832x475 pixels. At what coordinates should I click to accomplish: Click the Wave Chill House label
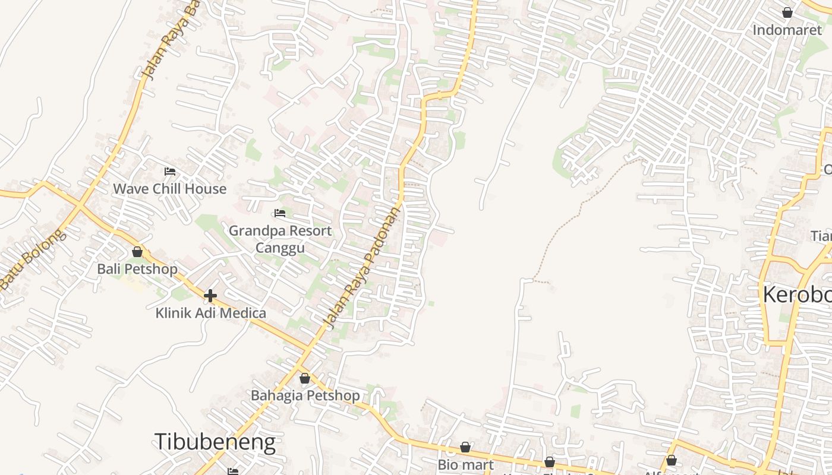pos(170,189)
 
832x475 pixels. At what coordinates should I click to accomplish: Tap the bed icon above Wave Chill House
pos(170,172)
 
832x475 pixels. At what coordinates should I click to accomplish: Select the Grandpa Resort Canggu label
pos(280,239)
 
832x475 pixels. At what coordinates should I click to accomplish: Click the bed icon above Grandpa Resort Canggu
pos(280,213)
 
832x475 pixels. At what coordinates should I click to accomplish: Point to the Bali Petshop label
pos(137,269)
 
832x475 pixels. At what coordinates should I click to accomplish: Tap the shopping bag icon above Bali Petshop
pos(137,252)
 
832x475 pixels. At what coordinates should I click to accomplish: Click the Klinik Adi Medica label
pos(210,313)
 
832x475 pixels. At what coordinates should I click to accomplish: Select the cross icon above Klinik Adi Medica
pos(210,295)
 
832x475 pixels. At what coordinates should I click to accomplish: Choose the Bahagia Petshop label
pos(305,395)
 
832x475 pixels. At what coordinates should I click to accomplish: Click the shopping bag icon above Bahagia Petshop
pos(305,378)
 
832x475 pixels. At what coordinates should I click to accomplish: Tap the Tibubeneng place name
pos(215,442)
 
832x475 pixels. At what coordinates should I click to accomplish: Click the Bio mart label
pos(465,464)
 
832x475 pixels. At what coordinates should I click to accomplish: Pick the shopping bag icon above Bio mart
pos(465,447)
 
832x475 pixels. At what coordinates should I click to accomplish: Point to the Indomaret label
pos(787,30)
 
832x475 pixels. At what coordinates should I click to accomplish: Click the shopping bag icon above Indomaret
pos(787,12)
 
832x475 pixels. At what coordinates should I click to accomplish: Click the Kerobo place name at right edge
pos(796,294)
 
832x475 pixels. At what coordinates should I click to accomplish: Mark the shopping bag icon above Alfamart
pos(672,460)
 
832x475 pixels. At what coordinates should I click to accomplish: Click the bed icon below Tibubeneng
pos(233,471)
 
